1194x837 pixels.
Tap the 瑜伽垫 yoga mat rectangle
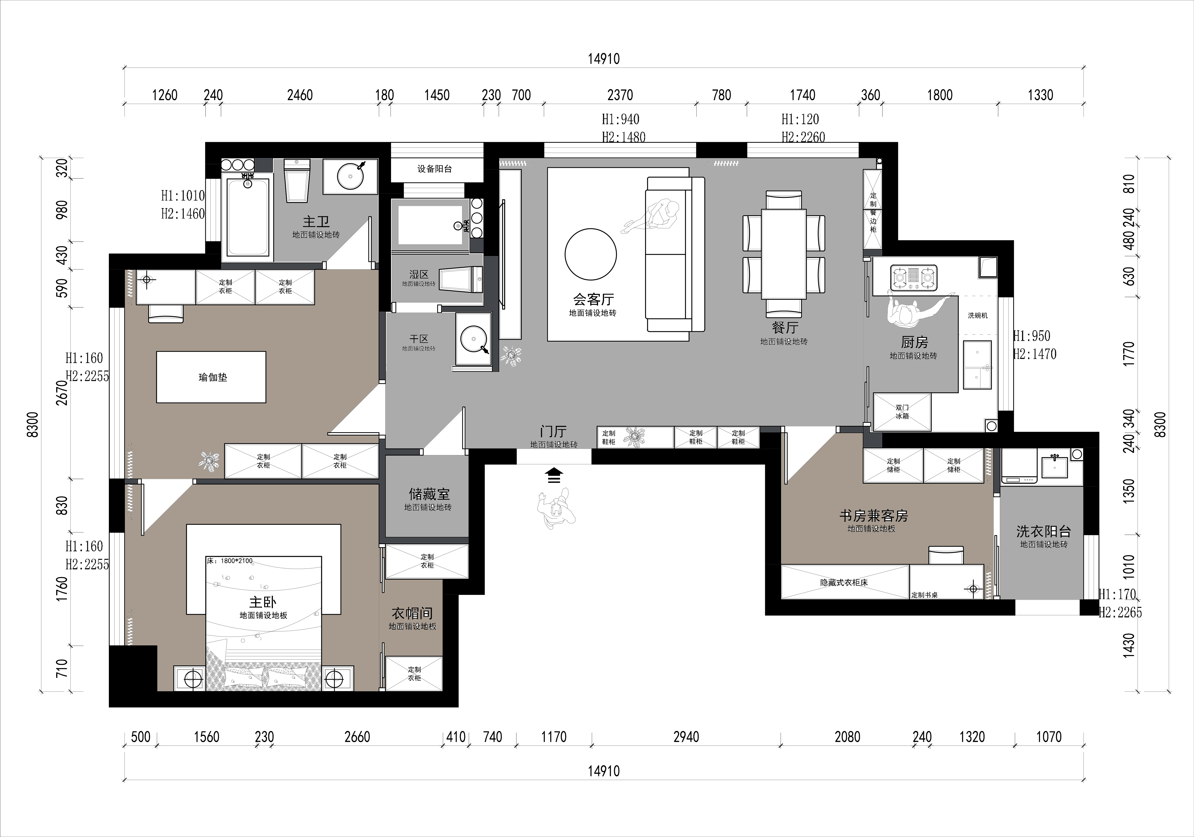coord(211,377)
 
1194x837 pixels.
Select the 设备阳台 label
coord(435,169)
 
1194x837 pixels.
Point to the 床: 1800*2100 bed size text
coord(229,561)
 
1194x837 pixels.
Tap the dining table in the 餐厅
coord(784,254)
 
